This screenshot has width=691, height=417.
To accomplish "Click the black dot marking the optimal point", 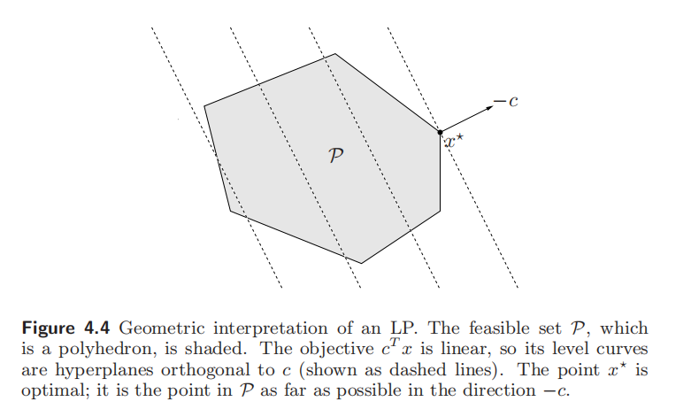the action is coord(440,132).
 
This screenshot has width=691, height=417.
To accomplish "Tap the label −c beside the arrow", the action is coord(506,104).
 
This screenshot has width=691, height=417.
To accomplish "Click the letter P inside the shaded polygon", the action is coord(336,155).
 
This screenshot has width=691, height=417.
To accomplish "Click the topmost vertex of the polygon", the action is coord(335,54).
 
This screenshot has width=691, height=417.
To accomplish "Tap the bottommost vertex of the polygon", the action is coord(361,263).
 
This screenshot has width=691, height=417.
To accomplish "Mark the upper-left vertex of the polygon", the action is coord(204,106).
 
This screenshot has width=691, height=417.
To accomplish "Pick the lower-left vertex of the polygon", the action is coord(230,211).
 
